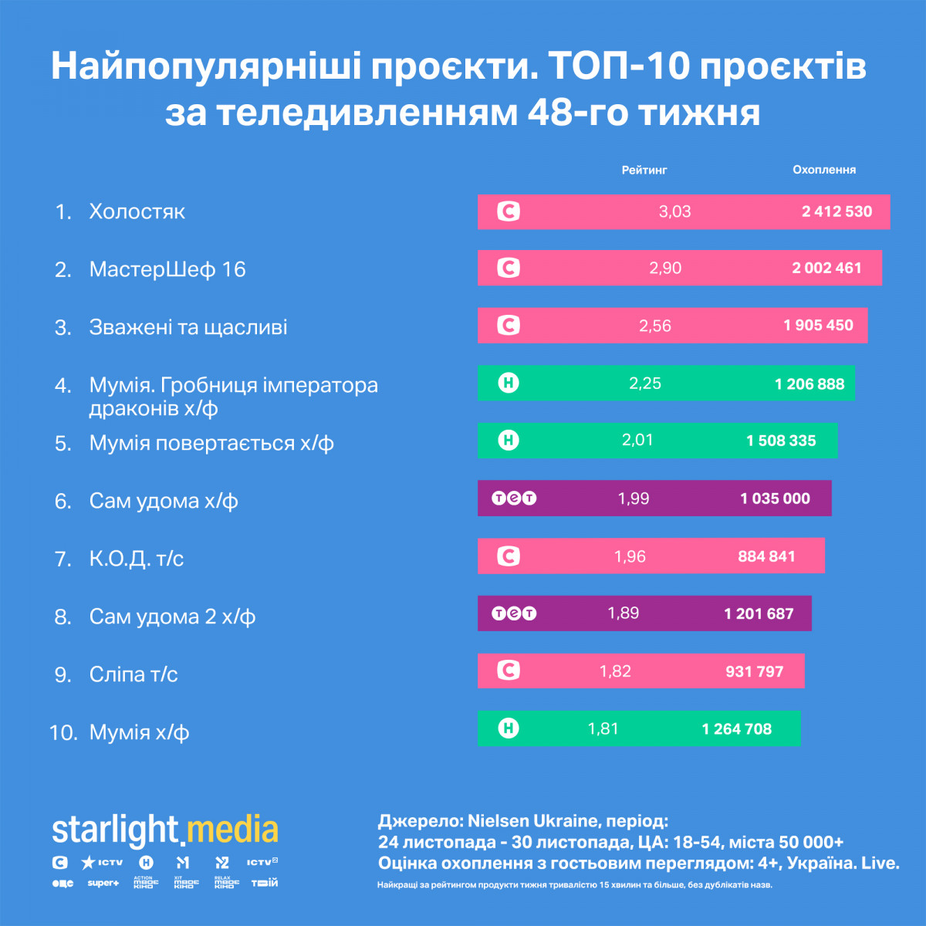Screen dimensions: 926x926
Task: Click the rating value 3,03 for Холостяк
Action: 674,211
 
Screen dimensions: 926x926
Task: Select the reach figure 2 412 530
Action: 836,211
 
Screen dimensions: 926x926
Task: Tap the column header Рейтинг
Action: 644,170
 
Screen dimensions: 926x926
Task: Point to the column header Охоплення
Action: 824,170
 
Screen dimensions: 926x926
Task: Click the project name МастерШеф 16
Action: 167,269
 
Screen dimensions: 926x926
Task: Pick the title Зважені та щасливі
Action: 188,327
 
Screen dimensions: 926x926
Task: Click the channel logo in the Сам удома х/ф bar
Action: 514,498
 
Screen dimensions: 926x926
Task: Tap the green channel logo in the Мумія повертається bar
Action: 509,441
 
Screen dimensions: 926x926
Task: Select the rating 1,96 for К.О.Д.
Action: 630,556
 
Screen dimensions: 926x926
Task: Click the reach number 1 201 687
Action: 759,614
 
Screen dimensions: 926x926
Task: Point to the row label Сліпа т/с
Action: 133,674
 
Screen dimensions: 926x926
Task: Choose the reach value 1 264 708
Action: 736,729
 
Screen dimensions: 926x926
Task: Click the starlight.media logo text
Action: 165,830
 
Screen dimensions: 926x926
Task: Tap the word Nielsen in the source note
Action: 501,820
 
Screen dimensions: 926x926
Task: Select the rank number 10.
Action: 63,732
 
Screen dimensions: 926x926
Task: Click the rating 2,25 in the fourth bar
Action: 645,384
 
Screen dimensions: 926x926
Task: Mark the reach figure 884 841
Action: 766,556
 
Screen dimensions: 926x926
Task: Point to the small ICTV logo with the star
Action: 103,862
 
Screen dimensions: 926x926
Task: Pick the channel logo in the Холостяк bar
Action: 509,211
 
